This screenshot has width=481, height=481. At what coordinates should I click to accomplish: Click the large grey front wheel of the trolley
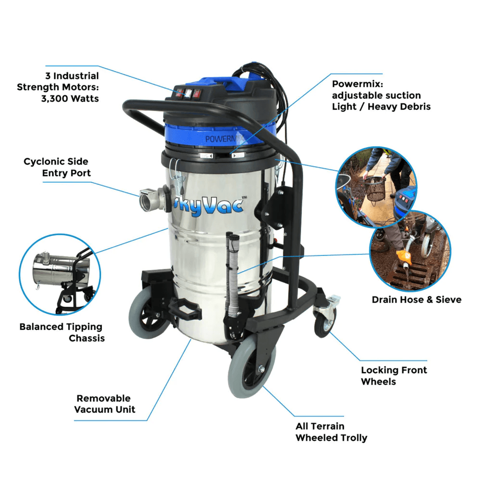(x=252, y=366)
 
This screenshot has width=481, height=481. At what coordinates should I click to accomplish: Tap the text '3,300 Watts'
(x=70, y=99)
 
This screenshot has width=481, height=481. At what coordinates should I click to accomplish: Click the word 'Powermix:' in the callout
(x=357, y=84)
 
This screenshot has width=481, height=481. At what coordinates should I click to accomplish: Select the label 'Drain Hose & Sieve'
(x=417, y=299)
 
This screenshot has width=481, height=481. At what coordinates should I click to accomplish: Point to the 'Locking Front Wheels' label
(x=394, y=376)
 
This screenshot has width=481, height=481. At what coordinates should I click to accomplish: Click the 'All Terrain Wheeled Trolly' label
(x=331, y=432)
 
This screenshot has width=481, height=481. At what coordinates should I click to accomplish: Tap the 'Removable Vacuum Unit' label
(x=104, y=404)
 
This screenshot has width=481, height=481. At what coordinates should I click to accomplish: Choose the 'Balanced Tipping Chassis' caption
(x=62, y=332)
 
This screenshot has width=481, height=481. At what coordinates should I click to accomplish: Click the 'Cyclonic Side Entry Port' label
(x=57, y=167)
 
